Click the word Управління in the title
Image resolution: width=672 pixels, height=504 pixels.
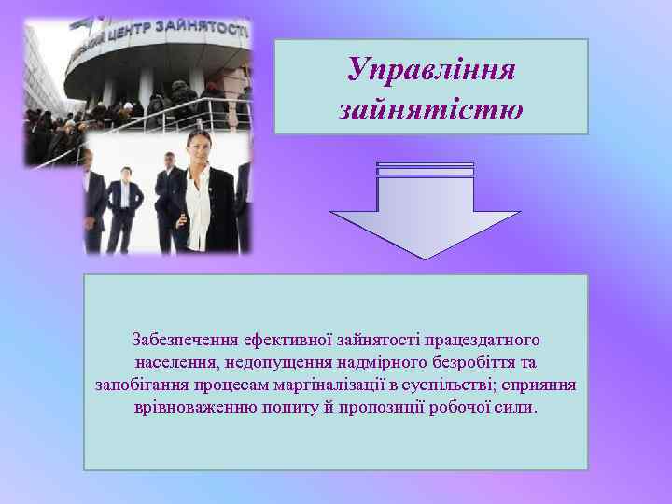point(430,69)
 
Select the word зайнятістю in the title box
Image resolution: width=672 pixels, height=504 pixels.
point(430,110)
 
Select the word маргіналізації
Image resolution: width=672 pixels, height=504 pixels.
point(335,385)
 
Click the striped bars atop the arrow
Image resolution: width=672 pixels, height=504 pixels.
point(425,170)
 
